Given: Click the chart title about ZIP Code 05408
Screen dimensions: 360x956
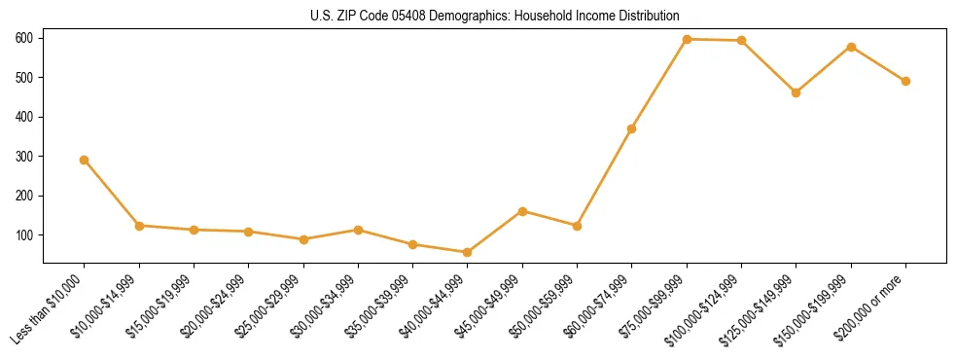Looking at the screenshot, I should (478, 16).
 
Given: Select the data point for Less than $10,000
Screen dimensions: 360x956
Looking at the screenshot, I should (85, 160).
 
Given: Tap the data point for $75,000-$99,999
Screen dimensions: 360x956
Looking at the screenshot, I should (687, 39).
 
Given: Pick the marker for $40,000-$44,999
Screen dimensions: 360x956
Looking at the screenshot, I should (468, 252).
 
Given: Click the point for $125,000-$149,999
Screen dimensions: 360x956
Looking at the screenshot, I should (797, 92).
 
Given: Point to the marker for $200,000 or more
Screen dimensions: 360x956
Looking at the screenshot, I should (905, 81).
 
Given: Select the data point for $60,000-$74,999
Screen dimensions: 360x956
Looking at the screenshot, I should (632, 128).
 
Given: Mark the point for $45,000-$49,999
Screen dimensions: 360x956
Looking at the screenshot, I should (522, 211).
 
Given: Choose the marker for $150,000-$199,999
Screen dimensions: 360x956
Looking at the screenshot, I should (851, 47).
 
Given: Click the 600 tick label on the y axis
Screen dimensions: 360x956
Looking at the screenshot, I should (23, 38).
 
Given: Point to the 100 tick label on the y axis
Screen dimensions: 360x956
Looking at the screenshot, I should (23, 235).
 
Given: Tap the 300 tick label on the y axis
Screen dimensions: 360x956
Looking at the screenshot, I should (23, 157).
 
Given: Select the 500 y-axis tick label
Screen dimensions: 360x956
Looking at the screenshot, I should (23, 78).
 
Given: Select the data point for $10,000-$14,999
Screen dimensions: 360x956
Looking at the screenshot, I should (140, 226).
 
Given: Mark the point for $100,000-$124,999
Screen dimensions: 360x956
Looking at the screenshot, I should (741, 41).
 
